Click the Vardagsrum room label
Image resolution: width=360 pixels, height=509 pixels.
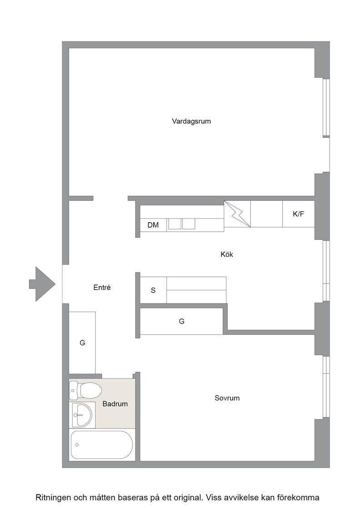[x=191, y=121]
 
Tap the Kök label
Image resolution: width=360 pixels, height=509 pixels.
[x=226, y=254]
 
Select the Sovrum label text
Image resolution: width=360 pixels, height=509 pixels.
[x=227, y=398]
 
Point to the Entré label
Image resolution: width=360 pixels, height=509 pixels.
[x=102, y=287]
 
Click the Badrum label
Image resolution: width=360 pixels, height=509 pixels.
[x=115, y=404]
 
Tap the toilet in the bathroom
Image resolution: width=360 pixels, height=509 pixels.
[x=86, y=390]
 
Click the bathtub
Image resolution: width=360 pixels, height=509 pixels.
[x=102, y=445]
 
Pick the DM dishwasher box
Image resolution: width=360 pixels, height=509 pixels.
[x=153, y=225]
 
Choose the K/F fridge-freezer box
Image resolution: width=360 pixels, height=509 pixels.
[x=298, y=214]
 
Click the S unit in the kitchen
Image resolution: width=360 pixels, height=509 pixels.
[x=153, y=290]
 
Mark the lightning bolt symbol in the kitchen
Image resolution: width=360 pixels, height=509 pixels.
[x=237, y=214]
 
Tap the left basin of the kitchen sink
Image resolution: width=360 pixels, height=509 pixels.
[x=175, y=224]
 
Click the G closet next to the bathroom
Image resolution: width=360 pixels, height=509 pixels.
[x=82, y=343]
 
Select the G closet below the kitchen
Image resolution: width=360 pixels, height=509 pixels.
[x=181, y=321]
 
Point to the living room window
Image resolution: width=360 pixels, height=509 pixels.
[x=326, y=108]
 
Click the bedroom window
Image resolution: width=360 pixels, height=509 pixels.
[x=326, y=387]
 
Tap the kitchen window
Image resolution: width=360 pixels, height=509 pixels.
[x=326, y=271]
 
